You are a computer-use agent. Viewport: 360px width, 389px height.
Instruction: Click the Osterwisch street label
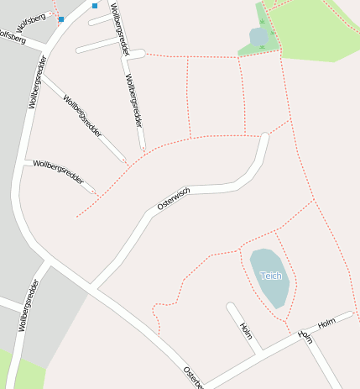[174, 198]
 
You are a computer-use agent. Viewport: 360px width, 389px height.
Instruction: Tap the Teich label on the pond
[269, 276]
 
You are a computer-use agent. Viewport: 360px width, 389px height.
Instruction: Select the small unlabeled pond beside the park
[258, 37]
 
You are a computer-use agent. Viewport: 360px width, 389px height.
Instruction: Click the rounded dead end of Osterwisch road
[265, 137]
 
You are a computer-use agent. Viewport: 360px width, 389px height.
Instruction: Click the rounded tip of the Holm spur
[230, 306]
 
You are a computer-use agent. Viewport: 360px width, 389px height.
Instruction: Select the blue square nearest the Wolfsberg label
[61, 18]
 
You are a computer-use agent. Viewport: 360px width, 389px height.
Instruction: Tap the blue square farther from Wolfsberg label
[95, 6]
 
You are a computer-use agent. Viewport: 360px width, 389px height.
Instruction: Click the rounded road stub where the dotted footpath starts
[141, 54]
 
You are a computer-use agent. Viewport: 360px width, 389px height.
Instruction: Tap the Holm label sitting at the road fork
[305, 335]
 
